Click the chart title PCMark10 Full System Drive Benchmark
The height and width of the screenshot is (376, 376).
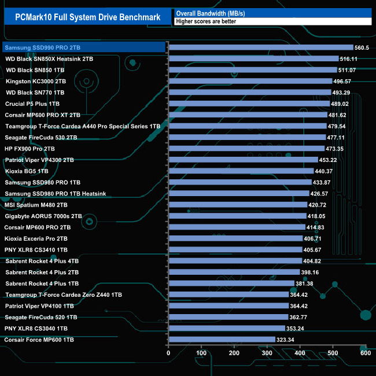(87, 17)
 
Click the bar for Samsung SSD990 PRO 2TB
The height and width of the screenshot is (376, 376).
(261, 47)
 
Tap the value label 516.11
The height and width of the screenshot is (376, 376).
(349, 59)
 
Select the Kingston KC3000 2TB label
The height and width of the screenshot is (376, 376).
(36, 81)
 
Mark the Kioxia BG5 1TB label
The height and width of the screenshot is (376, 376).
(27, 171)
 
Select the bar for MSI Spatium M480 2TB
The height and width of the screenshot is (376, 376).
(238, 205)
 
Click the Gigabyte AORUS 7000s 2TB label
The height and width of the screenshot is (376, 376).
(43, 216)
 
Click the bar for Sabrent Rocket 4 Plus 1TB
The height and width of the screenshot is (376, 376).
(231, 283)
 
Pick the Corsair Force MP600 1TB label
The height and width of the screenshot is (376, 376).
(39, 340)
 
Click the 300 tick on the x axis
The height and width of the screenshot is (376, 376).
(267, 353)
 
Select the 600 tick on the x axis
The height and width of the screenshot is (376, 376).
(366, 353)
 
